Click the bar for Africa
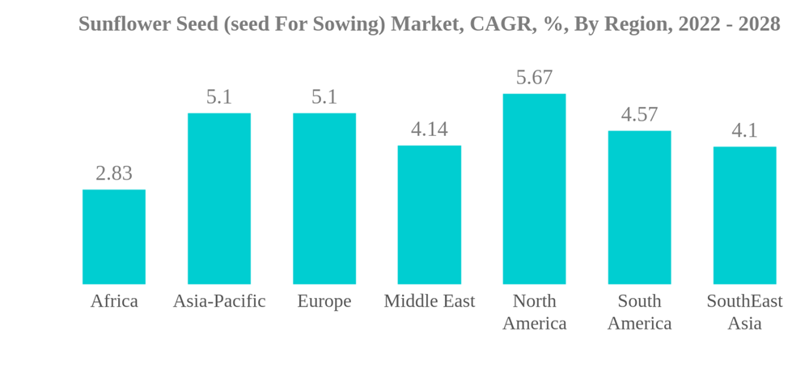pyautogui.click(x=114, y=236)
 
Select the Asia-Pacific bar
pyautogui.click(x=219, y=198)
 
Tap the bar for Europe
pyautogui.click(x=324, y=198)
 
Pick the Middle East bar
pyautogui.click(x=430, y=215)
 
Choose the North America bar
pyautogui.click(x=534, y=189)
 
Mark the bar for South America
pyautogui.click(x=639, y=207)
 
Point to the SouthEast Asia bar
pyautogui.click(x=744, y=215)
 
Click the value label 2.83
pyautogui.click(x=114, y=173)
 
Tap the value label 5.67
pyautogui.click(x=534, y=78)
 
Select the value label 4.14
pyautogui.click(x=430, y=130)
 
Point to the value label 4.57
pyautogui.click(x=639, y=115)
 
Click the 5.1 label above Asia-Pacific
pyautogui.click(x=219, y=97)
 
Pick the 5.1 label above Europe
pyautogui.click(x=324, y=97)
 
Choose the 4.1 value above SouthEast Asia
pyautogui.click(x=744, y=130)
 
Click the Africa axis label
pyautogui.click(x=114, y=301)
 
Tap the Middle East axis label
pyautogui.click(x=430, y=301)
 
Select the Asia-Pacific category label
pyautogui.click(x=219, y=301)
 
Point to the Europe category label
pyautogui.click(x=324, y=301)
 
